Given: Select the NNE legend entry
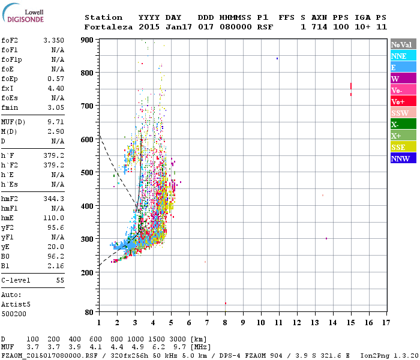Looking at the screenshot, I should click(x=398, y=56).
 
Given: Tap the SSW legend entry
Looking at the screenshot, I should click(x=400, y=113).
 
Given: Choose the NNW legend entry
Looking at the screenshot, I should click(x=400, y=158).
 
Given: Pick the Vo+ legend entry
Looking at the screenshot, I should click(x=398, y=102).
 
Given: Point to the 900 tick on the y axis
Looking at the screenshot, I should click(x=87, y=40).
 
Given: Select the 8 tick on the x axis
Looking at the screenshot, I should click(x=225, y=322).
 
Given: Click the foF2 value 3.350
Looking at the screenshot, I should click(x=53, y=40).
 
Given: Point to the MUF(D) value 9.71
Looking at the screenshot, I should click(x=53, y=122).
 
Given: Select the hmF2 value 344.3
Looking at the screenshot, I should click(x=53, y=199).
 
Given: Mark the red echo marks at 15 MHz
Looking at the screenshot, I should click(x=351, y=88).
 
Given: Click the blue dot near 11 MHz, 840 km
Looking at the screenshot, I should click(x=277, y=58).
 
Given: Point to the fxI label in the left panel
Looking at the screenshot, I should click(x=7, y=88).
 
